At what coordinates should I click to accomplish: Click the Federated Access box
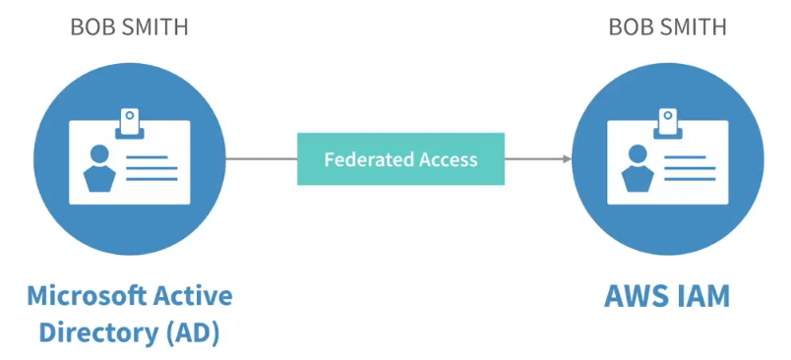400,158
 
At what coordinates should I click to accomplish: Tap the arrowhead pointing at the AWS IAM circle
568,158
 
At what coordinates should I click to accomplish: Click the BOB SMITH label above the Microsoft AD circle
129,27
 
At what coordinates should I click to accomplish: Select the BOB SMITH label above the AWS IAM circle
667,27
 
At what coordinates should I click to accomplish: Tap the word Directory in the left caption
98,333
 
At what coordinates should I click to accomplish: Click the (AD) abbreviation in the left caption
193,333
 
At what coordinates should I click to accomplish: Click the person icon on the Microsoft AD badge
99,168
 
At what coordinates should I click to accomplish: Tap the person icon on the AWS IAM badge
638,168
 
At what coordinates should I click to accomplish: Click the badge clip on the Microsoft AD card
130,124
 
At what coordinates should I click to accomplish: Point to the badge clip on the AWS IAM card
668,124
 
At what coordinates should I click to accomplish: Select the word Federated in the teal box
369,159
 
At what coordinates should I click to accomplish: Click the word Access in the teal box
448,159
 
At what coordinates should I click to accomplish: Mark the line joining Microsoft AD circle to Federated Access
262,158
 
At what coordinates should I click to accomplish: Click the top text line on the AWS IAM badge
685,157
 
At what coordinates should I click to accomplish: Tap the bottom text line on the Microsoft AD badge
152,179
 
